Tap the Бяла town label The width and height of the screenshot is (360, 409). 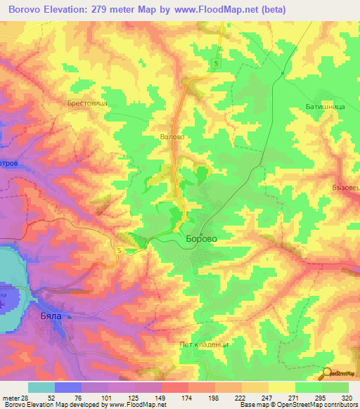pos(48,317)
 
